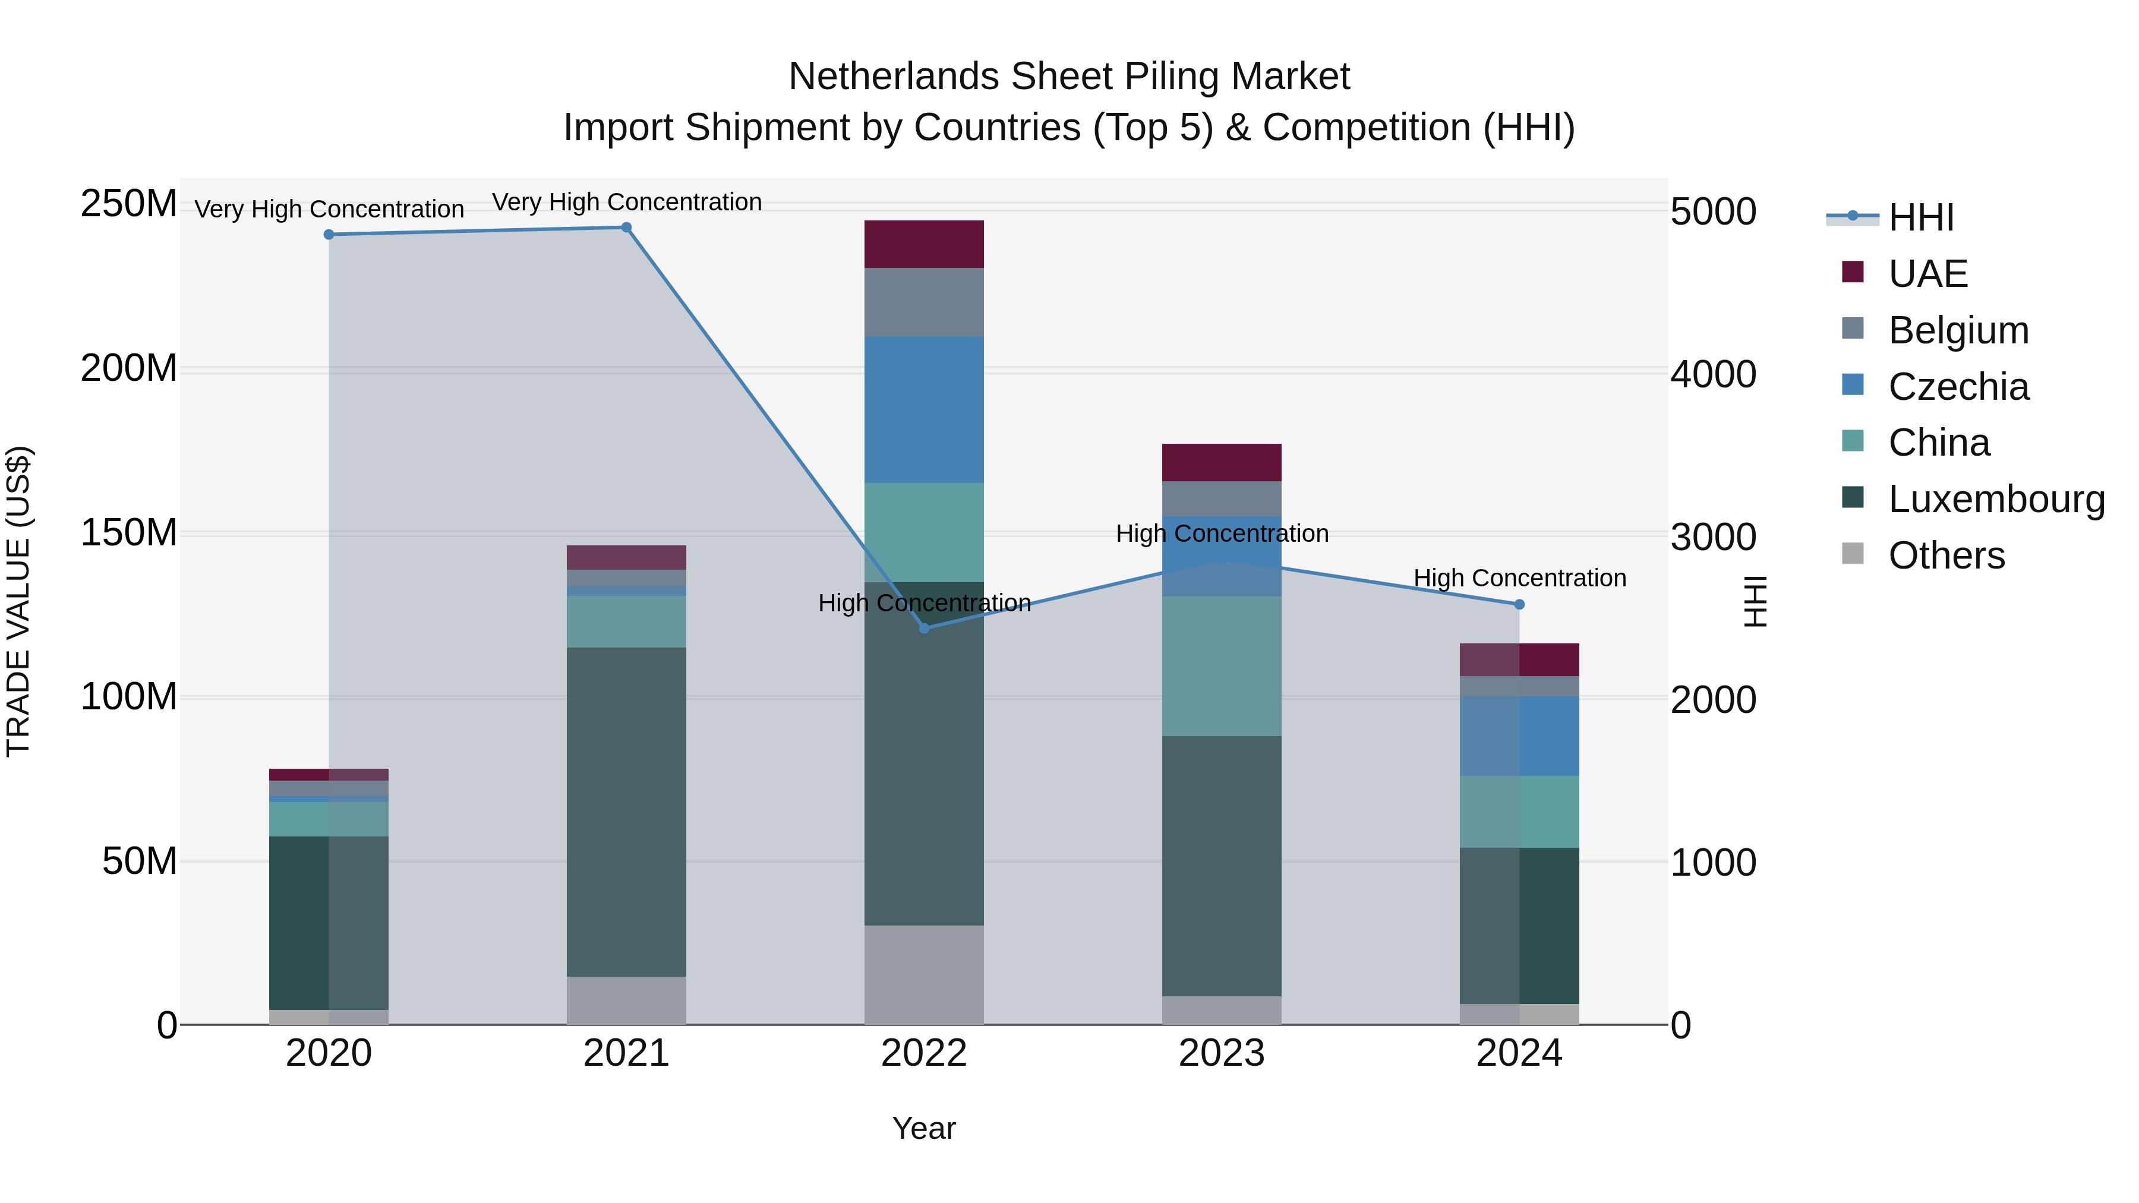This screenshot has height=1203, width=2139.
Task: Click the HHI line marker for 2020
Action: pos(329,235)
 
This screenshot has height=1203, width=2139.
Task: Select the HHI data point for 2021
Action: pos(626,228)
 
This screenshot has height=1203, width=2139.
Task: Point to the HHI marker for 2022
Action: pos(924,629)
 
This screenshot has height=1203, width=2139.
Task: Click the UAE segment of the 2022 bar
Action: pos(923,244)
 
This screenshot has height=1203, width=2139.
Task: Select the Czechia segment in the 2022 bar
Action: pos(923,409)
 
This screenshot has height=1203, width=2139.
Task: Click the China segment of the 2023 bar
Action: pos(1222,666)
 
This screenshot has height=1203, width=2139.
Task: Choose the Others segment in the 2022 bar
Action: pos(923,975)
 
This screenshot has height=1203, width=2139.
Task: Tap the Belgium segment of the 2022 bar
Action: pos(923,302)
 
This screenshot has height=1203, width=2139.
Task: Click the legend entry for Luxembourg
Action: pos(1996,500)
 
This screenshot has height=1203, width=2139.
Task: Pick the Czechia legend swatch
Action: pos(1853,385)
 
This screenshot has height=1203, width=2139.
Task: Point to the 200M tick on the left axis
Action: pos(129,368)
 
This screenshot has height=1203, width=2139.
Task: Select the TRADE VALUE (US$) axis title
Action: pos(18,601)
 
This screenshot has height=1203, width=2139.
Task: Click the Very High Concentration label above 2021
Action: pos(626,203)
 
